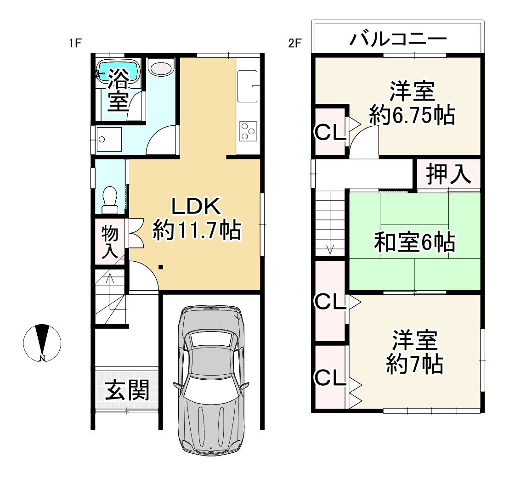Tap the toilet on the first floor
coord(109,200)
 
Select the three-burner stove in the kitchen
coord(248,130)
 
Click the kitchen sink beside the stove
coord(247,86)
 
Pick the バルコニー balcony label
coord(398,39)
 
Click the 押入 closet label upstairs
coord(448,174)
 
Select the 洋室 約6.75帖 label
coord(412,104)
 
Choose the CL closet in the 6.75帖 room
coord(329,133)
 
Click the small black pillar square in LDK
coord(160,267)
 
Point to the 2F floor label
coord(294,44)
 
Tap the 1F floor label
coord(75,44)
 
